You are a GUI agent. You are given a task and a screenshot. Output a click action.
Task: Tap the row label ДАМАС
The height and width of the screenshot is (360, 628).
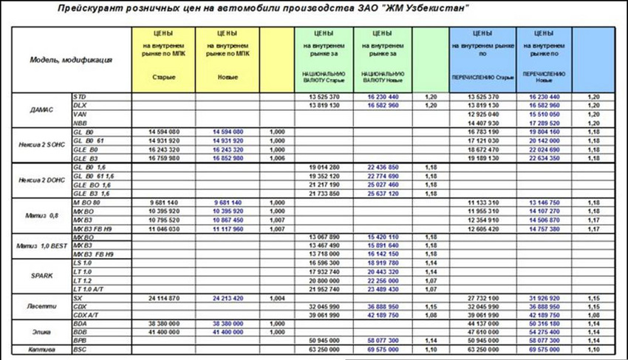[41, 109]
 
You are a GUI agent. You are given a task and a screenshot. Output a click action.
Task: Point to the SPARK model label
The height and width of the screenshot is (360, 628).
[41, 275]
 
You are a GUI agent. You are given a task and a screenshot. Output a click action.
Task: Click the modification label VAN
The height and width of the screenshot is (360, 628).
[80, 114]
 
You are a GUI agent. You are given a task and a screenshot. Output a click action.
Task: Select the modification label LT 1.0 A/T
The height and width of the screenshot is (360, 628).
[89, 289]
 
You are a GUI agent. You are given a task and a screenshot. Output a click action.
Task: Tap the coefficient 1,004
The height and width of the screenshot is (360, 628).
[277, 298]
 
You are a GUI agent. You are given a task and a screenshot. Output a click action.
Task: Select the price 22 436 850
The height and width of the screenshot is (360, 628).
[383, 167]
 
